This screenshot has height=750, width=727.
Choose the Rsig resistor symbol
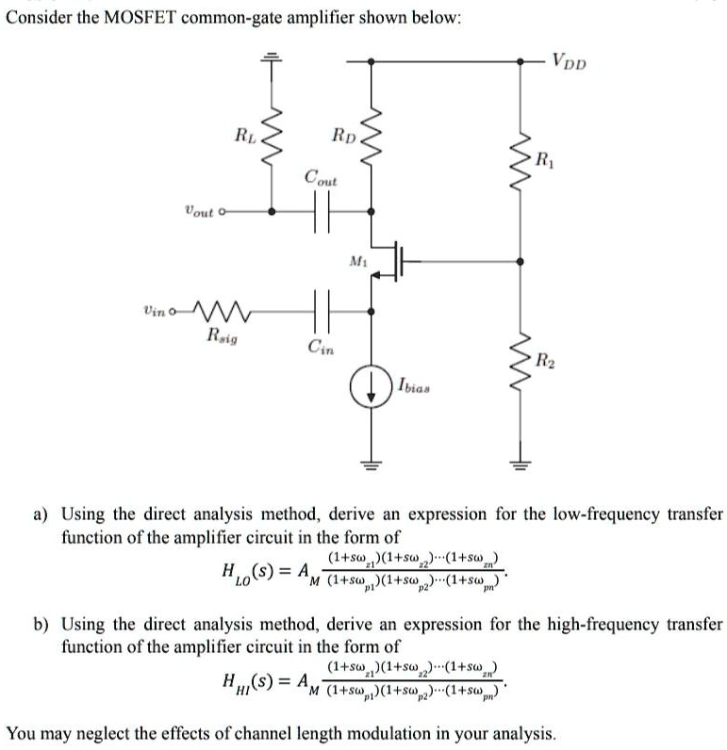click(223, 308)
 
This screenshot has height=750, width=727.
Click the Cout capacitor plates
click(320, 213)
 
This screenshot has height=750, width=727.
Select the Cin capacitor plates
click(320, 308)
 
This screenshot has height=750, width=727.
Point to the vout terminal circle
click(223, 213)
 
